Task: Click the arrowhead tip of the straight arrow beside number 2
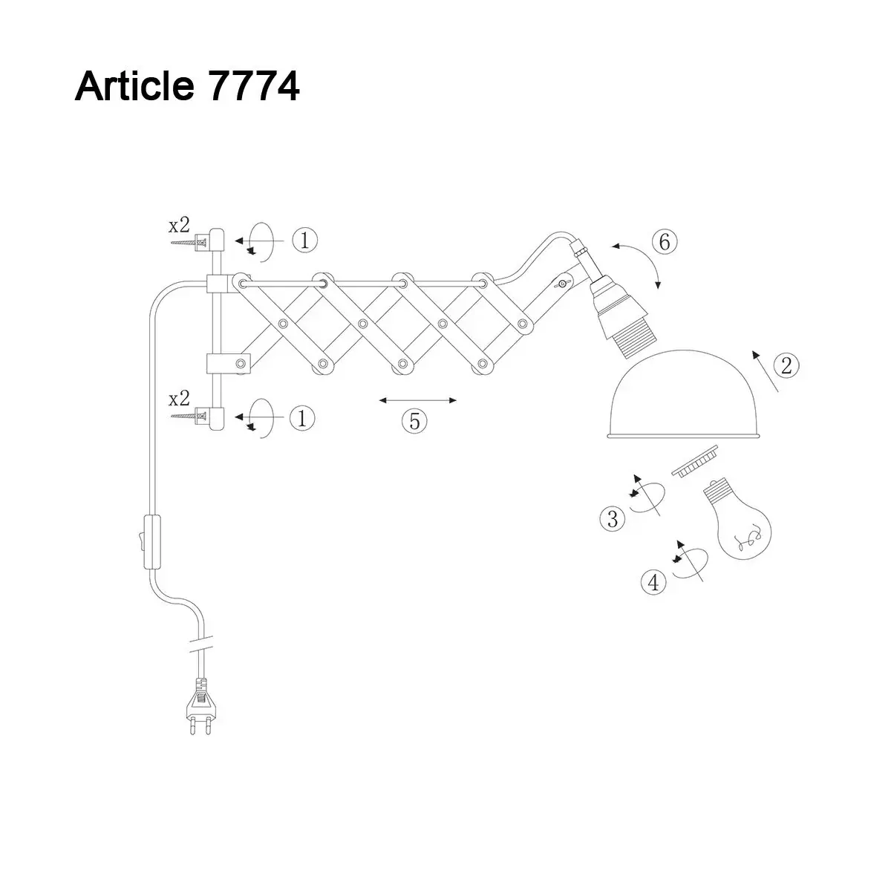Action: [753, 352]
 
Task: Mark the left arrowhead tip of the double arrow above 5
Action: [379, 400]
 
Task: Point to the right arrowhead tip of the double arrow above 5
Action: [457, 400]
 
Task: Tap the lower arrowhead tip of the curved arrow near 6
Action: [659, 289]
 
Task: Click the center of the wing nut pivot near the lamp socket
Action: [562, 284]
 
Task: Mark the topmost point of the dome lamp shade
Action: [682, 350]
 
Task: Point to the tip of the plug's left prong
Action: [192, 734]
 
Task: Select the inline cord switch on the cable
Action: [152, 541]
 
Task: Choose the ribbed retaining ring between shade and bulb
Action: [694, 460]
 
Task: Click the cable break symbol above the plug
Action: [202, 643]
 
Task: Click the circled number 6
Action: [665, 242]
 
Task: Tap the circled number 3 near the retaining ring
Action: [613, 518]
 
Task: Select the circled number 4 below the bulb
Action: [654, 582]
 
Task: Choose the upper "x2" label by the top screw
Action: [180, 225]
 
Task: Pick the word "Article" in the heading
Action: [134, 86]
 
